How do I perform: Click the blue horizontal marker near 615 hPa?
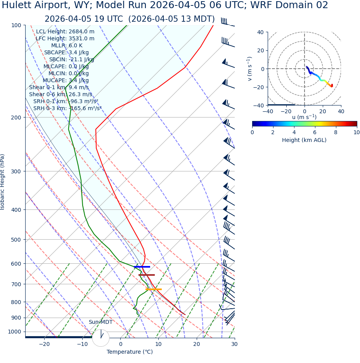pos(142,267)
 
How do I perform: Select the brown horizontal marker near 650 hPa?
pos(147,275)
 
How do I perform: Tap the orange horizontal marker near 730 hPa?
pos(153,289)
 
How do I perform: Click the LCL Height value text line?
pos(65,32)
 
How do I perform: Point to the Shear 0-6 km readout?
pos(61,94)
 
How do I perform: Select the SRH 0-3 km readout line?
pos(67,108)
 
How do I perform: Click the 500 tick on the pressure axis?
pos(16,240)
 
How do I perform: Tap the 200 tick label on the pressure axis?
pos(16,118)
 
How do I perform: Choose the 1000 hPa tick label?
pos(14,332)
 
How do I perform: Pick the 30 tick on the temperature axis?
pos(234,344)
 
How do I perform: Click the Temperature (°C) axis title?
pos(130,352)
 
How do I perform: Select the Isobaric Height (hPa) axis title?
pos(3,182)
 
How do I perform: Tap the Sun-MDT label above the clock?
pos(100,322)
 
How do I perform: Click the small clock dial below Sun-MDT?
pos(101,338)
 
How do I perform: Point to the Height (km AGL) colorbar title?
pos(304,140)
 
